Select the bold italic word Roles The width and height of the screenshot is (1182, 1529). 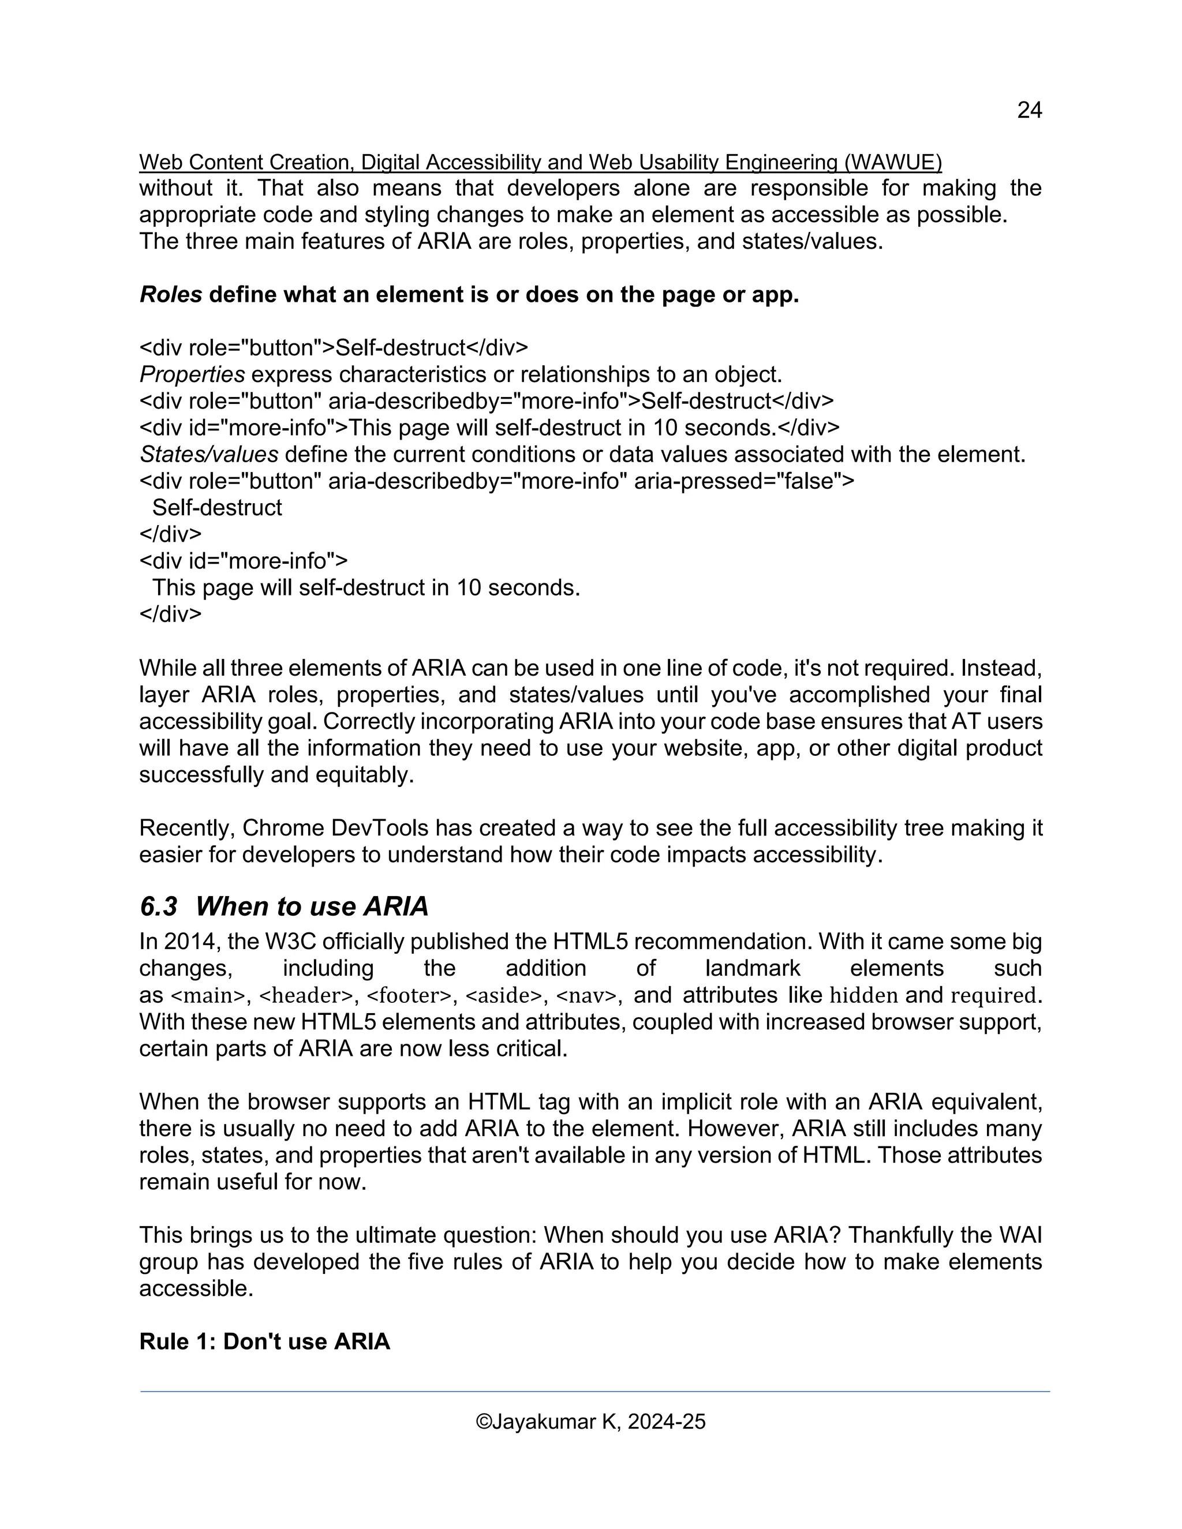tap(171, 295)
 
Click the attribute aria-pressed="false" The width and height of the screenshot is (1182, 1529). tap(743, 482)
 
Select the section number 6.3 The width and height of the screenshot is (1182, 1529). tap(159, 906)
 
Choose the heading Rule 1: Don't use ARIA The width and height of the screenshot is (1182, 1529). tap(265, 1341)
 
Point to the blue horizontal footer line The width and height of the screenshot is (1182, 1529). tap(595, 1392)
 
